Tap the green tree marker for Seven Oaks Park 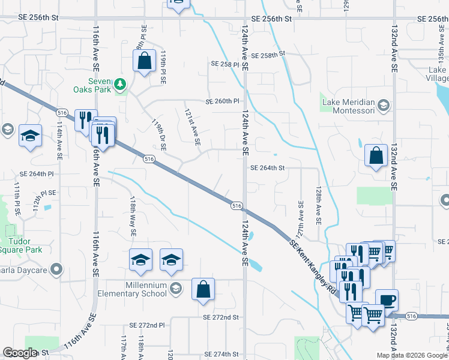click(x=121, y=84)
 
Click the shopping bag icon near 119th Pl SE click(x=144, y=61)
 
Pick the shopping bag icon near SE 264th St click(x=376, y=156)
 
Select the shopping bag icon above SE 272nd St click(x=203, y=289)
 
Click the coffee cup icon click(x=387, y=299)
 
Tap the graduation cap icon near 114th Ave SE click(x=30, y=136)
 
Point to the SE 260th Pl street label click(x=223, y=101)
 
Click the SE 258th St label click(x=267, y=55)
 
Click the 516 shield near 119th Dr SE click(x=149, y=159)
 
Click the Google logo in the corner click(x=20, y=353)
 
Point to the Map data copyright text click(x=412, y=355)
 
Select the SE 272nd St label click(x=221, y=317)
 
